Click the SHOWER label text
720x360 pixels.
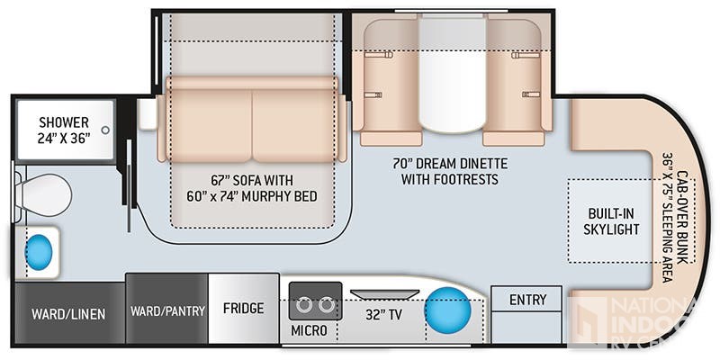coord(64,122)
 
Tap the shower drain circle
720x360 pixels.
coord(105,130)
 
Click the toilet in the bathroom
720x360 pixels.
coord(42,195)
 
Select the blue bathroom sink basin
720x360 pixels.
coord(39,252)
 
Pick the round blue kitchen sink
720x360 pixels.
coord(447,310)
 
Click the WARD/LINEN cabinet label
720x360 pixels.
coord(68,314)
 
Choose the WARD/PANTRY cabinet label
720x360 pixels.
coord(167,310)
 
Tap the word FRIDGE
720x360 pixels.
coord(243,308)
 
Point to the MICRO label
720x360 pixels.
coord(309,330)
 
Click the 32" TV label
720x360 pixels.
coord(384,314)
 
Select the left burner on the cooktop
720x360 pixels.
coord(303,305)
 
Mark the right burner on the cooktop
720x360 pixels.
coord(326,305)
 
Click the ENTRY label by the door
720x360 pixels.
coord(528,300)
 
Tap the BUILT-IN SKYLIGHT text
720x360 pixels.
coord(611,221)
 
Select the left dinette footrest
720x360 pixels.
coord(391,139)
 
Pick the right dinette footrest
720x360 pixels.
coord(513,139)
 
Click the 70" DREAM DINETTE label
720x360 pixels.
coord(450,164)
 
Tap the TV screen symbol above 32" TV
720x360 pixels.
coord(384,294)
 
